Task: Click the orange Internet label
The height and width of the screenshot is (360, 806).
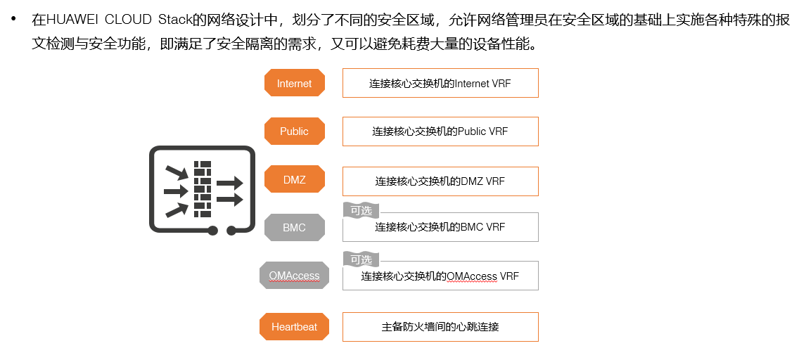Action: point(294,83)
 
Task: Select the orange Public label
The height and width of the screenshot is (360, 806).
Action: point(294,131)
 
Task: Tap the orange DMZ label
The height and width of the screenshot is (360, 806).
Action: point(294,179)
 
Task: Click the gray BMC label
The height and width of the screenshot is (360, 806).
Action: point(294,228)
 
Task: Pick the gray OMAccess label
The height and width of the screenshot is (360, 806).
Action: point(294,276)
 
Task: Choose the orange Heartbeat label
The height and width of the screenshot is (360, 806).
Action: point(294,327)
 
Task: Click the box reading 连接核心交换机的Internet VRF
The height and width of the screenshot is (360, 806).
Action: point(440,83)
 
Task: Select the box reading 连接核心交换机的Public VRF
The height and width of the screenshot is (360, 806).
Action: point(440,131)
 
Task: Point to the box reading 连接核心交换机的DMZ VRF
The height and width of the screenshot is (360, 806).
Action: point(440,181)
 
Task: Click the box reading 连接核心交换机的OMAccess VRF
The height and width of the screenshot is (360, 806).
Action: point(440,276)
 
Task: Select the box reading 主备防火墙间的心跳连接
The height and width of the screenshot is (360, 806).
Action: point(440,327)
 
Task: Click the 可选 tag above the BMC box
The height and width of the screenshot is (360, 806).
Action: point(361,210)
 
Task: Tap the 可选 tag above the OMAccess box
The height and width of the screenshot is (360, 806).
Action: point(361,259)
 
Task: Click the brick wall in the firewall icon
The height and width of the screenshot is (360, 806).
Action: point(203,189)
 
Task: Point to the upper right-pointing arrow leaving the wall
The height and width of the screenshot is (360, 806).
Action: point(229,184)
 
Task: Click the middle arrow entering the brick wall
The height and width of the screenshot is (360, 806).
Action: point(176,191)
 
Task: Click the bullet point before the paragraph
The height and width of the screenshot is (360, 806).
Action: point(13,19)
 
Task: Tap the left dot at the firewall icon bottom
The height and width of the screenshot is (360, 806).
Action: point(213,230)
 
